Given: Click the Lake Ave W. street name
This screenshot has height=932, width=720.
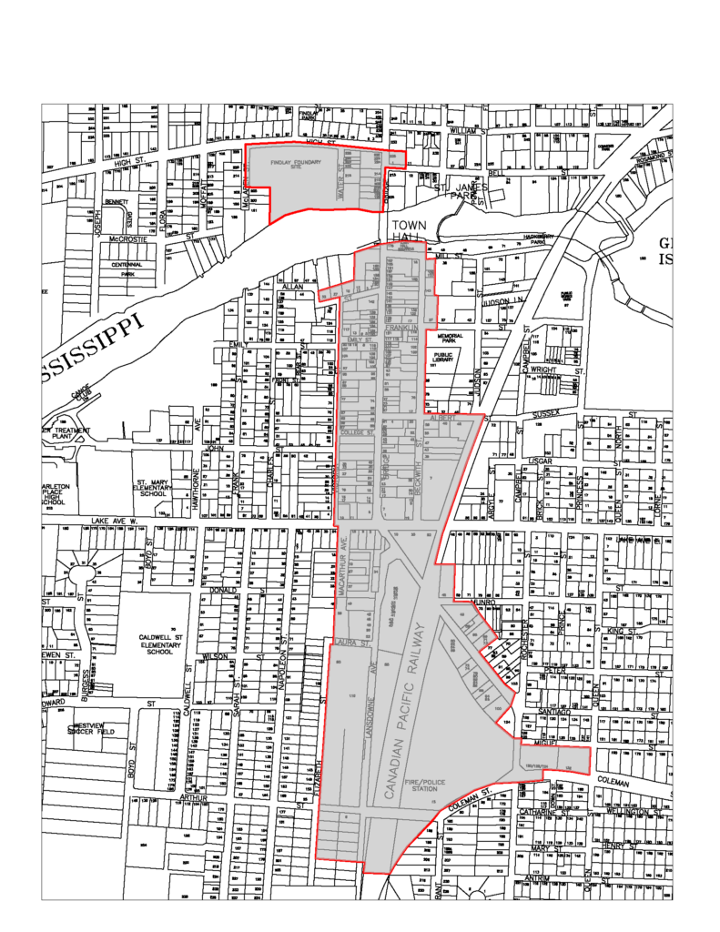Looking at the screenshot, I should click(x=113, y=522).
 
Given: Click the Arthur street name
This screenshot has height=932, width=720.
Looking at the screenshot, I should click(x=195, y=797).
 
